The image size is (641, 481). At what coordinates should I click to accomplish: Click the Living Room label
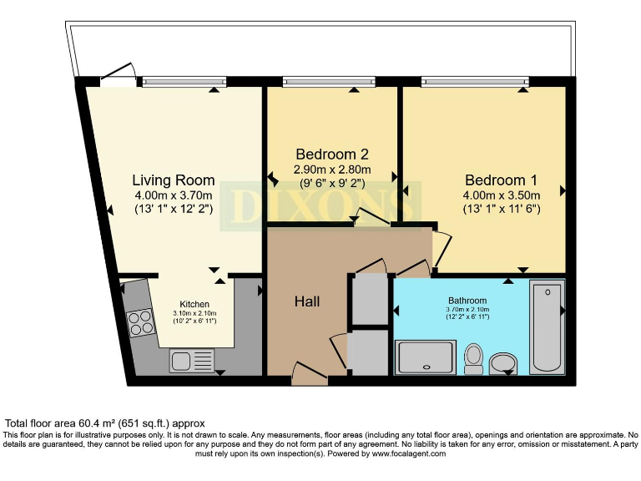174,180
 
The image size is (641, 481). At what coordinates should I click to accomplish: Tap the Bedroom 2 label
332,154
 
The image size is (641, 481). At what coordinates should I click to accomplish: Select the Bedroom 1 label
501,180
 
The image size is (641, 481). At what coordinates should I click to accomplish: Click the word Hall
307,301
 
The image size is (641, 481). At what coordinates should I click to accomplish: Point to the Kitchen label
194,304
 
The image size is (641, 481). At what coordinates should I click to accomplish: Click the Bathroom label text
467,301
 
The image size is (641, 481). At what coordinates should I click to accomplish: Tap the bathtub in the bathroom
547,327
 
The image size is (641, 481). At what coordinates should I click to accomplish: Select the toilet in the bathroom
473,357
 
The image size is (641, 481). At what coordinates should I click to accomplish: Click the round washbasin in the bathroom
503,362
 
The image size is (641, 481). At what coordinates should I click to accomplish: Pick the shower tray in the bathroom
426,357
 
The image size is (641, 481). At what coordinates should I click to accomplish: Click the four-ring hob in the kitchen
141,322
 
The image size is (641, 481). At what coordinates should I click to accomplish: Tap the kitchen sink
192,361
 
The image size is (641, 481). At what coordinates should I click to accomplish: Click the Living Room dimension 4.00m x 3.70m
174,195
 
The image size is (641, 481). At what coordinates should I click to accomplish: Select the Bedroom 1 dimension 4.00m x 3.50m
501,195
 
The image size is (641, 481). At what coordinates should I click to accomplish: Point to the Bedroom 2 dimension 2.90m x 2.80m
332,170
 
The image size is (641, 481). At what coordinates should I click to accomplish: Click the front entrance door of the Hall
310,372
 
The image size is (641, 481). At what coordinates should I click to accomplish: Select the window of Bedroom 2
332,82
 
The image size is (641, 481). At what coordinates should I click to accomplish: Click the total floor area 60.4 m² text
104,423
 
